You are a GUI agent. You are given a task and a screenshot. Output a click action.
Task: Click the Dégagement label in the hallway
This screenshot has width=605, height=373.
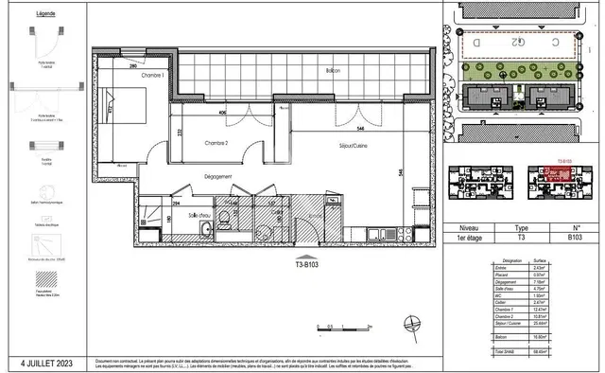click(x=218, y=176)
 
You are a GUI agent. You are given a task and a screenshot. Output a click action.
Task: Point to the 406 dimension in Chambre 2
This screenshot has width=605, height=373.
click(x=221, y=115)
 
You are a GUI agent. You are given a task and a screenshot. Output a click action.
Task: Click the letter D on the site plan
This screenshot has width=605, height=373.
click(x=478, y=44)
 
